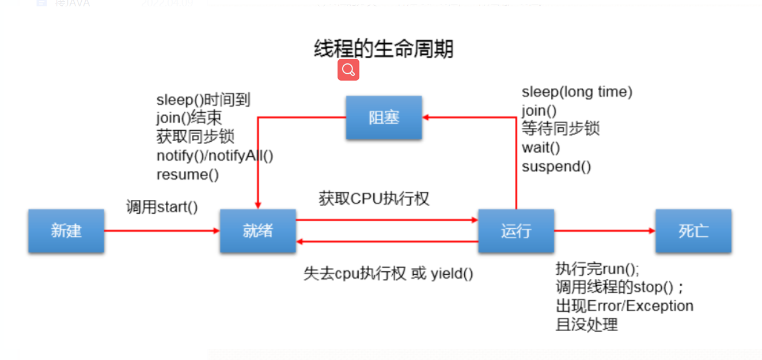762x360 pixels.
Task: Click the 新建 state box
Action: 66,231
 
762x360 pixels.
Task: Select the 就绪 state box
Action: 257,231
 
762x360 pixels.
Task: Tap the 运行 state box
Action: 516,231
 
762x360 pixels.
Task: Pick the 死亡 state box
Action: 693,231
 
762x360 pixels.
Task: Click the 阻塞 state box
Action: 384,118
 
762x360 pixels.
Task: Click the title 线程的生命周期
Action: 384,49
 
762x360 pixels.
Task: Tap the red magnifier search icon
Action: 348,70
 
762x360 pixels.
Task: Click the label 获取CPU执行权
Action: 374,199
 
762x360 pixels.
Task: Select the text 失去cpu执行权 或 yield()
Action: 388,274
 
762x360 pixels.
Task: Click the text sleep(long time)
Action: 577,92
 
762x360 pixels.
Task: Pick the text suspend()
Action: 556,166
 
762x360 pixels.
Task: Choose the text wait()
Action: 541,147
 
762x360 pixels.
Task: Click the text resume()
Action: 188,175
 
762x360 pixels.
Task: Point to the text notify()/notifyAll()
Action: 215,156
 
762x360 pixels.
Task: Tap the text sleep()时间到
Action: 203,100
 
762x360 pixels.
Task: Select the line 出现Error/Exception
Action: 624,306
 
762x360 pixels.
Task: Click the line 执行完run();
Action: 597,269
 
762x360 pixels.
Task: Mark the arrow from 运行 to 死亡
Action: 605,231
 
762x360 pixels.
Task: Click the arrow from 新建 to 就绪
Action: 162,231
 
